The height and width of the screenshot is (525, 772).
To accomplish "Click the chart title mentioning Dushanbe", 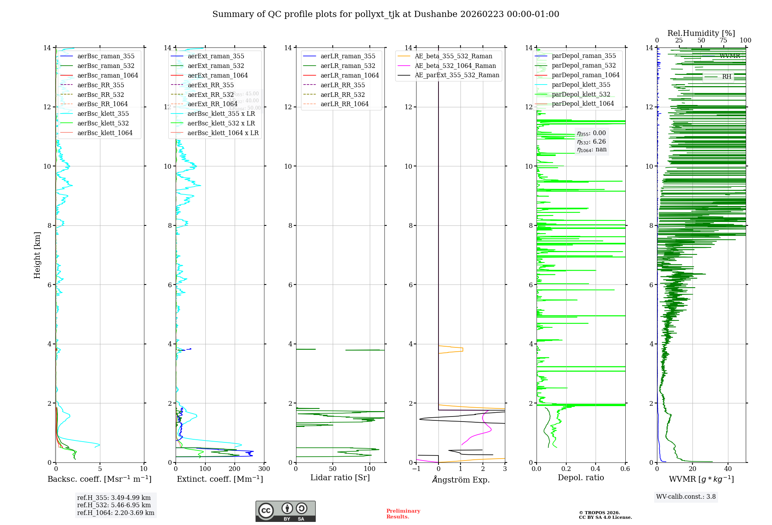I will pyautogui.click(x=386, y=14).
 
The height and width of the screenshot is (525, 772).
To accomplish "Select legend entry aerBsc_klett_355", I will pyautogui.click(x=103, y=113).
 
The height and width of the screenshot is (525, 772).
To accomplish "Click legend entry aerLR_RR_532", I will pyautogui.click(x=342, y=95).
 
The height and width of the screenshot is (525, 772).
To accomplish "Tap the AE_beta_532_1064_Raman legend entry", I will pyautogui.click(x=455, y=66).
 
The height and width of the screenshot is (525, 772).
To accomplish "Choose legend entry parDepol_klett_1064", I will pyautogui.click(x=582, y=103).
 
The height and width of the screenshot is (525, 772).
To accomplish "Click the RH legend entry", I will pyautogui.click(x=726, y=77).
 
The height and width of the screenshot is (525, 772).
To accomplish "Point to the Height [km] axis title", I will pyautogui.click(x=37, y=255).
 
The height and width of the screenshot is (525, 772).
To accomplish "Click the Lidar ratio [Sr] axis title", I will pyautogui.click(x=340, y=478).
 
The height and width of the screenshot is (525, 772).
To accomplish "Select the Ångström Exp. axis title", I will pyautogui.click(x=460, y=479).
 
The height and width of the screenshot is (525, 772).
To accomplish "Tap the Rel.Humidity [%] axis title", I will pyautogui.click(x=701, y=33).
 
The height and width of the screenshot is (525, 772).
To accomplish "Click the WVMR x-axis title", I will pyautogui.click(x=701, y=479).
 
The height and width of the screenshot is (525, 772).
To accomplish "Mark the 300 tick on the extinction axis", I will pyautogui.click(x=264, y=469).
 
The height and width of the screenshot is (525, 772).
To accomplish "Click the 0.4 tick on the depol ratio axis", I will pyautogui.click(x=596, y=469).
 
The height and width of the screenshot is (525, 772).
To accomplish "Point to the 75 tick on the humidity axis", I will pyautogui.click(x=723, y=41).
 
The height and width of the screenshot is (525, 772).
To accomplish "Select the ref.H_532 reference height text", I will pyautogui.click(x=114, y=505).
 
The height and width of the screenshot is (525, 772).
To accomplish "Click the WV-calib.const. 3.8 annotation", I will pyautogui.click(x=686, y=496).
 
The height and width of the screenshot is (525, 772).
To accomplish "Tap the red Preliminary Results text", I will pyautogui.click(x=403, y=513).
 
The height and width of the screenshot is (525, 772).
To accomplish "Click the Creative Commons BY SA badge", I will pyautogui.click(x=285, y=511).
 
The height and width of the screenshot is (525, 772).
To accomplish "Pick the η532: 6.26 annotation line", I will pyautogui.click(x=591, y=141).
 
